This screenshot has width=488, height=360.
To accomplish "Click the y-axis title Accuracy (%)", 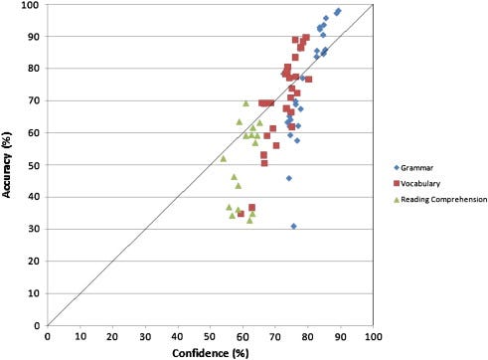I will click(10, 163).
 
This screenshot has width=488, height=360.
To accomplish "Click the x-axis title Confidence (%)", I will click(211, 352).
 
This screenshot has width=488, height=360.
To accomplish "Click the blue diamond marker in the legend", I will click(396, 166).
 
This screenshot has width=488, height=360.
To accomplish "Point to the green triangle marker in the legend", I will click(396, 199).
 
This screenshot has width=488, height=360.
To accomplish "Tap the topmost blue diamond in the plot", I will click(339, 11).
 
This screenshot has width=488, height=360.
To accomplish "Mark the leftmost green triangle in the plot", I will click(223, 158).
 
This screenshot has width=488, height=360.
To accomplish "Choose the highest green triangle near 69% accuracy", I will click(245, 103).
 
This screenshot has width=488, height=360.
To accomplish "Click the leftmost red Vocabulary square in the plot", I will click(241, 214).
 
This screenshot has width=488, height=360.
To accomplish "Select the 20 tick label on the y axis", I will click(36, 261).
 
